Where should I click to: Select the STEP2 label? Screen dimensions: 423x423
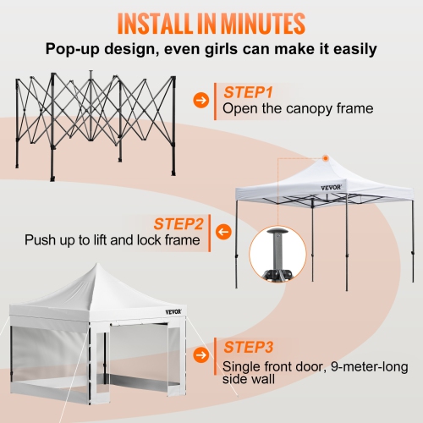[x=179, y=224]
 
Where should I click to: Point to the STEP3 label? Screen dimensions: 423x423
[x=249, y=347]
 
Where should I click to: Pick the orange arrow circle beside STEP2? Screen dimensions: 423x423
[x=224, y=231]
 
